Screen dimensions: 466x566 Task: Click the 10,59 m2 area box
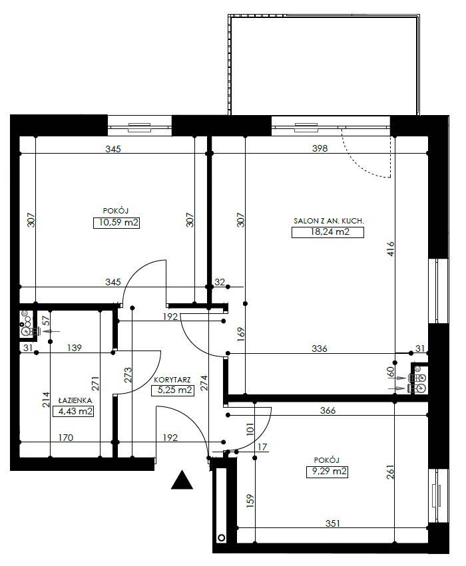[116, 223]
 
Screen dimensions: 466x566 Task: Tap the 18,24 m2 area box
[328, 232]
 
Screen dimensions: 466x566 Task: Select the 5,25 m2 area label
[174, 390]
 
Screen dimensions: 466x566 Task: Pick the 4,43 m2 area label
[73, 411]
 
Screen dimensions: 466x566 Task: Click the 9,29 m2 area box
[327, 472]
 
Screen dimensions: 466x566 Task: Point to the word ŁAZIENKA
[75, 400]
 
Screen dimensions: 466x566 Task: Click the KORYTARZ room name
[172, 380]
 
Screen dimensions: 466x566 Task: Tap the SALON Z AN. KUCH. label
[329, 221]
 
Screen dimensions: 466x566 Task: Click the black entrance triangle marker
[182, 480]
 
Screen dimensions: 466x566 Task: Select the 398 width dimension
[320, 148]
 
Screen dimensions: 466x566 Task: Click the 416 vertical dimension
[391, 249]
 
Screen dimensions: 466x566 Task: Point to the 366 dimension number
[328, 410]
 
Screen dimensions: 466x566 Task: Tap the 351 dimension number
[332, 523]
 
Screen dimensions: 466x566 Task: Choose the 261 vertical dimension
[391, 472]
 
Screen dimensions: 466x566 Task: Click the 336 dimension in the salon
[320, 349]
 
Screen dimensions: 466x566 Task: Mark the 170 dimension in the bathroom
[65, 438]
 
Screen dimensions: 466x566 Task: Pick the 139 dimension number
[75, 348]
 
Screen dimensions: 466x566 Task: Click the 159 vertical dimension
[250, 501]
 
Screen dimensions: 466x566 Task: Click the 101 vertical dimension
[250, 430]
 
